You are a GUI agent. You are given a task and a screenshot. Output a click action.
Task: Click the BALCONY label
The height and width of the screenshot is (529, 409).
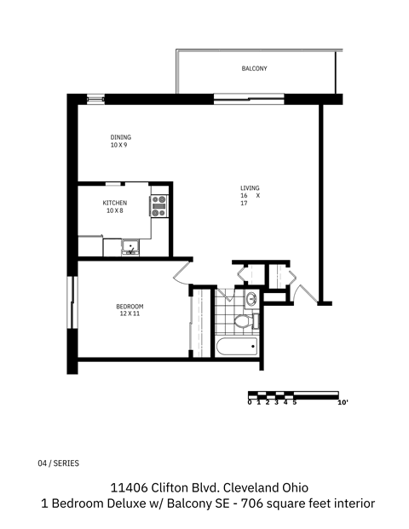(255, 68)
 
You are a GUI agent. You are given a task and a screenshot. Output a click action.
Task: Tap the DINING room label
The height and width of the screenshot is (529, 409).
(120, 137)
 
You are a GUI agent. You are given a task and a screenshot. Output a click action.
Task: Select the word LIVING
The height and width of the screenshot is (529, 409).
(250, 188)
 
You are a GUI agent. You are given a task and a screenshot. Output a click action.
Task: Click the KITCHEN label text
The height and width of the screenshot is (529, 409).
(115, 203)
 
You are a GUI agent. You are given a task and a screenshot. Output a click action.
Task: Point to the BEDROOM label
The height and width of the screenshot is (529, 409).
(130, 307)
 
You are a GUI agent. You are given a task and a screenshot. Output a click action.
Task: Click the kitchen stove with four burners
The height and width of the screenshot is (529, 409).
(158, 205)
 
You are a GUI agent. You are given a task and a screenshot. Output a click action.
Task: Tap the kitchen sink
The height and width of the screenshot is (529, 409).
(129, 248)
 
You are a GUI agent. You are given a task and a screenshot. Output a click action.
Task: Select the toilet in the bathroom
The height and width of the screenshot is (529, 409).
(243, 321)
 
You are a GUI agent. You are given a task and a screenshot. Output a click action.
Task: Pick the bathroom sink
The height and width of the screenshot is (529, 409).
(251, 300)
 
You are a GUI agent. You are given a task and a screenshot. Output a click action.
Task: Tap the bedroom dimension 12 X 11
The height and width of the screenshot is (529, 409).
(130, 314)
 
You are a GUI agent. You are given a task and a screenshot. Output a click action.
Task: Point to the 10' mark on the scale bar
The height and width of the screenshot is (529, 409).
(343, 402)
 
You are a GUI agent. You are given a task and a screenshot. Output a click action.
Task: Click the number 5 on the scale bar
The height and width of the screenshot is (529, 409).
(295, 402)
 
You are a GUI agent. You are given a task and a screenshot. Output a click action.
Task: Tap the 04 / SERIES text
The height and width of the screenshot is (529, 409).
(59, 463)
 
